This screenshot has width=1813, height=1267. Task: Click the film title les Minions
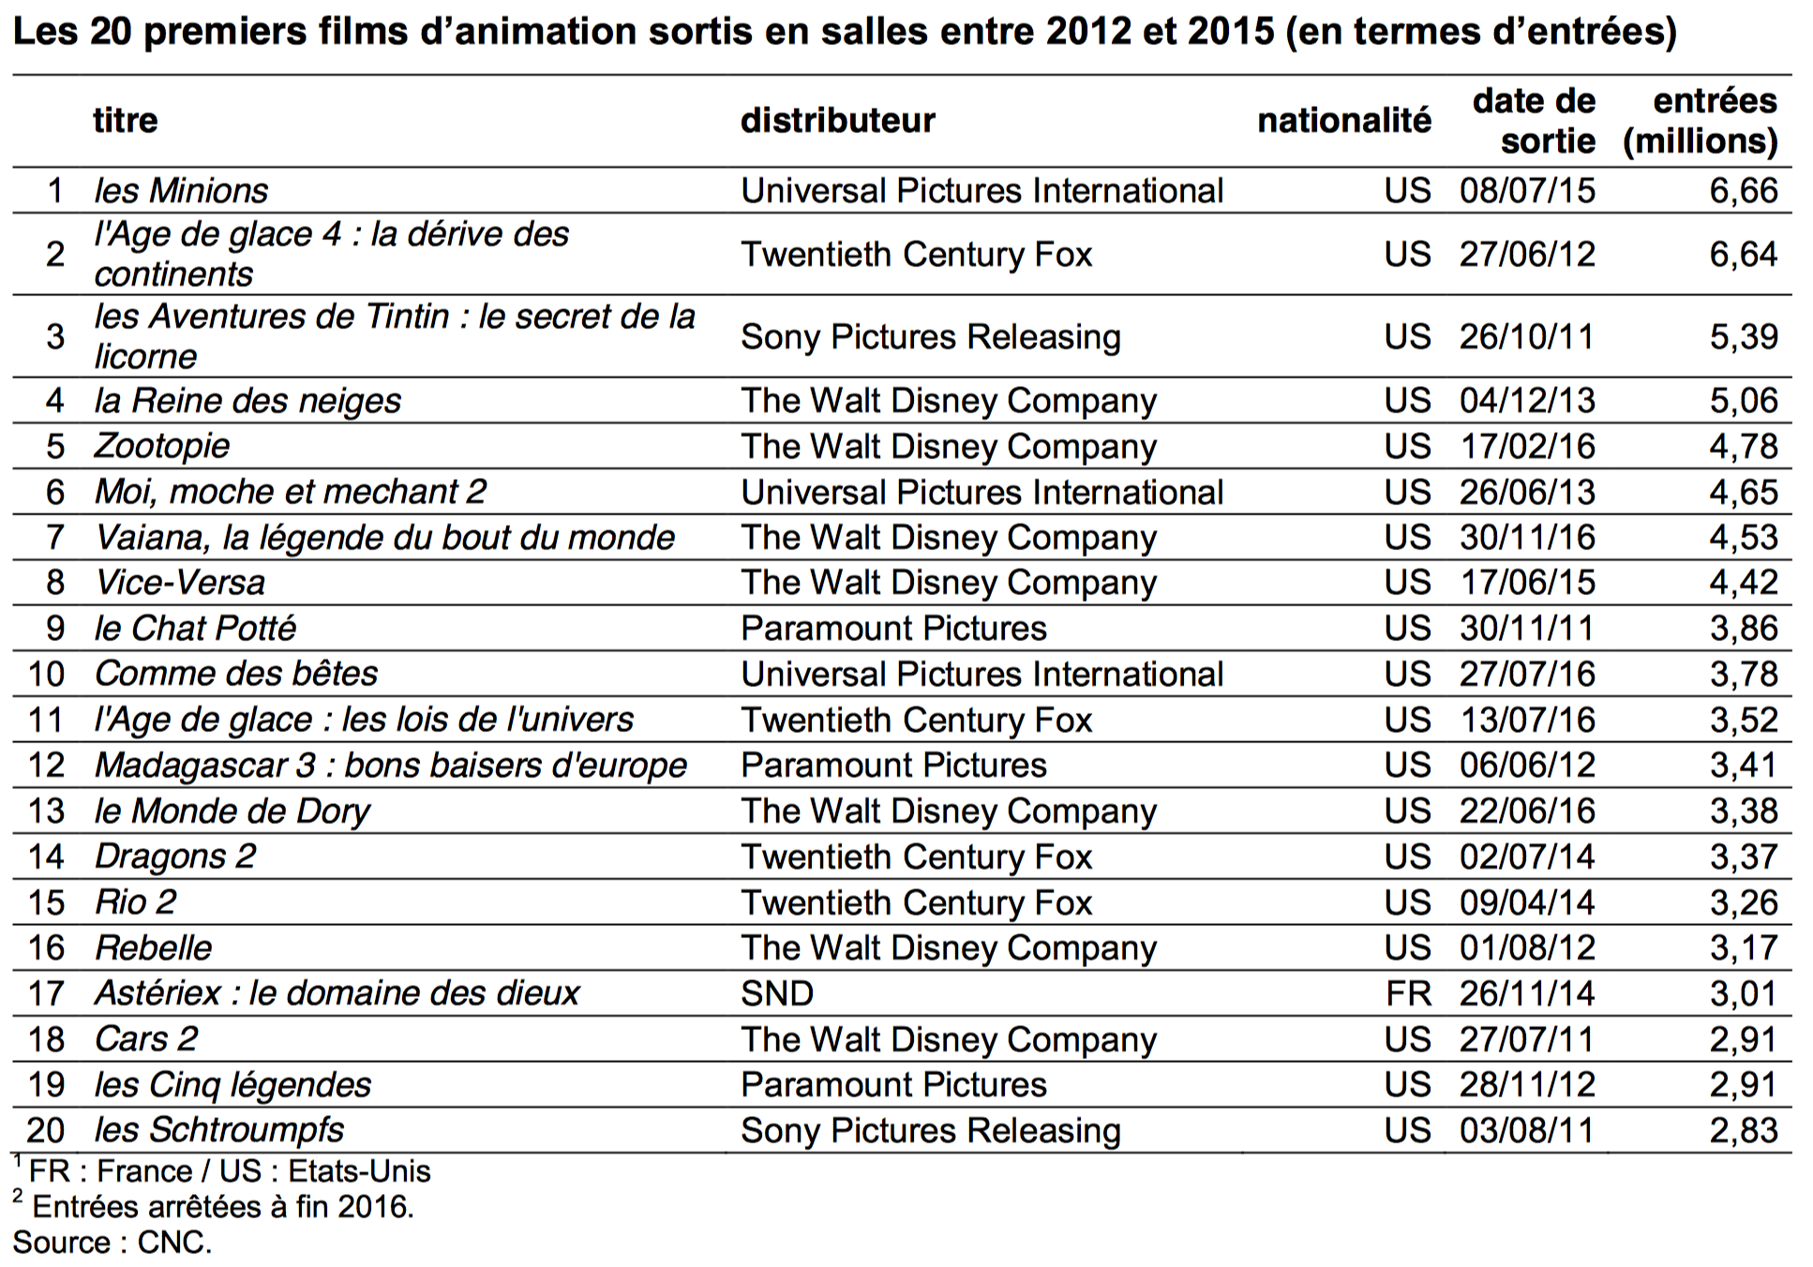click(181, 190)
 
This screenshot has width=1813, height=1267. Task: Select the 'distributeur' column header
click(837, 120)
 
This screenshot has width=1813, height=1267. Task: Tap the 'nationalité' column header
click(1343, 120)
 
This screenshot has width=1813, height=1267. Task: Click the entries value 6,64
click(1743, 254)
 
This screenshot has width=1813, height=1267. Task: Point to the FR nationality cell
click(1407, 993)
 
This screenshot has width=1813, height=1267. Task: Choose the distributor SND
click(776, 993)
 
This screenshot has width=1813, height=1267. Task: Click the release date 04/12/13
click(1526, 400)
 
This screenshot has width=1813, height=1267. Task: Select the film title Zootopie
click(162, 446)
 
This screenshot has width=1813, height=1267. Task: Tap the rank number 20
click(45, 1130)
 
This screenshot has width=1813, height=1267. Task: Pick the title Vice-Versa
click(180, 583)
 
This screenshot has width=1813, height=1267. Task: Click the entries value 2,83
click(1743, 1130)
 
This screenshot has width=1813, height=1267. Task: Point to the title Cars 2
click(146, 1039)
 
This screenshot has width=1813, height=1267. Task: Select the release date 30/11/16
click(1526, 537)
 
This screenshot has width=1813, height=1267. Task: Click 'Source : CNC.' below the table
click(112, 1243)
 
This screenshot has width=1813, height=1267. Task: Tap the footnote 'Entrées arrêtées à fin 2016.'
click(222, 1206)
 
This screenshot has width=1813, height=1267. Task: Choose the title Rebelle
click(154, 947)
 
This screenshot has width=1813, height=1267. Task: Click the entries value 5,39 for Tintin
click(1743, 336)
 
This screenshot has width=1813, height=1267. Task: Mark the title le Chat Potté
click(195, 628)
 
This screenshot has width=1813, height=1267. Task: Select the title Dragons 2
click(175, 857)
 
